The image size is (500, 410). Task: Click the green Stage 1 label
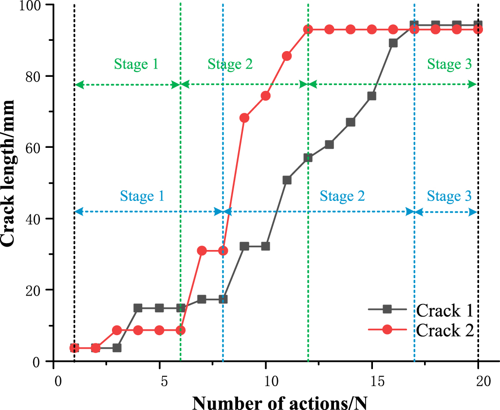136,64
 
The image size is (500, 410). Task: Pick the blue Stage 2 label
342,196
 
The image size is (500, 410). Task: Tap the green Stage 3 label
449,64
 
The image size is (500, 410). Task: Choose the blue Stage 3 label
449,196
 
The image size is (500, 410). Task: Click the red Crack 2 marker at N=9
244,118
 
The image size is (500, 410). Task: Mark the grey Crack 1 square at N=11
287,180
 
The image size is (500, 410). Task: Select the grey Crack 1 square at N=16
393,43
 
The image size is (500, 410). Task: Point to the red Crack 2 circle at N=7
202,250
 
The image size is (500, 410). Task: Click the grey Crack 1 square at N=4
138,308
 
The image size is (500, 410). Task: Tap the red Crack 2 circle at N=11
287,56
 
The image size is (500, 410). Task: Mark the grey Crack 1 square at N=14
351,122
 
